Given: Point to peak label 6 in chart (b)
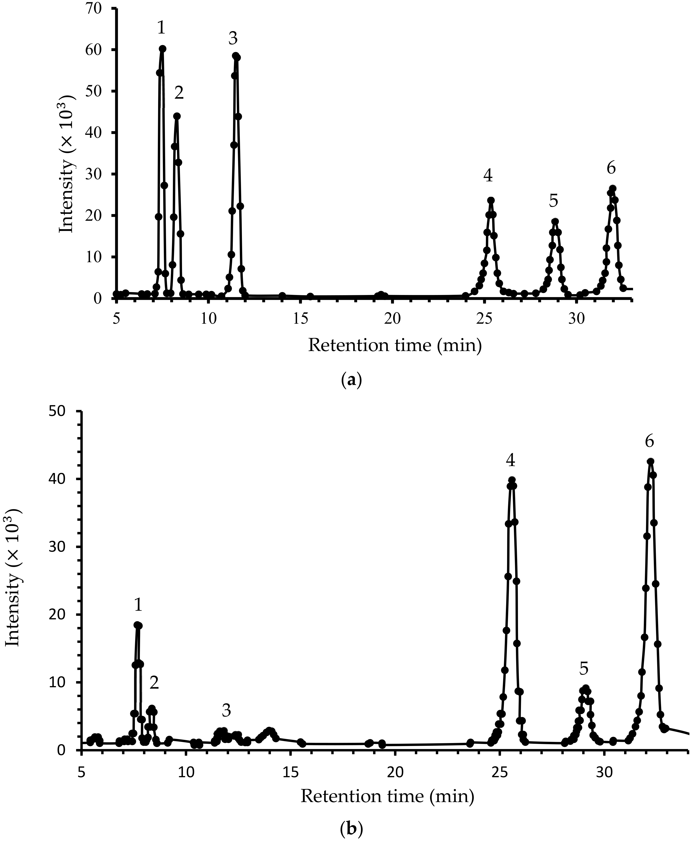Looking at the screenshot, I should coord(649,442).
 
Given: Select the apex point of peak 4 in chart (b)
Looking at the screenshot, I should coord(512,480).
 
